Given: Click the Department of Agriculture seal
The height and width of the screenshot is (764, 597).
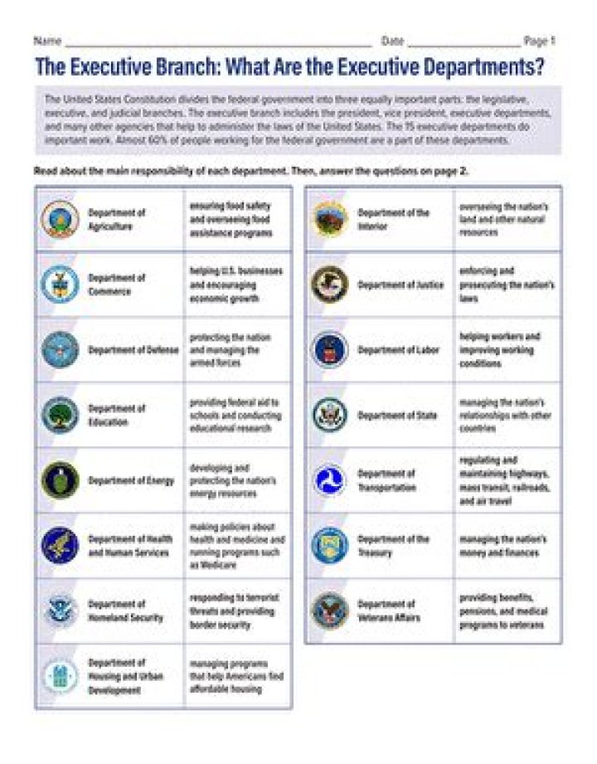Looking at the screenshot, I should (60, 219).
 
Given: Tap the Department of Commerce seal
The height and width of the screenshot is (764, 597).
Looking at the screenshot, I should (60, 285).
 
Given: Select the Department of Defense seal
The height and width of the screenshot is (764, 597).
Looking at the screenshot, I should (60, 349).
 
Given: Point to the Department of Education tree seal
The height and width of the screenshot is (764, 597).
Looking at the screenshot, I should (60, 415).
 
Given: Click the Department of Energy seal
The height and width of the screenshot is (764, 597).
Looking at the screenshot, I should (60, 480).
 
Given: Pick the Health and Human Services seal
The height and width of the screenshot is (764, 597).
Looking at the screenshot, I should (60, 545).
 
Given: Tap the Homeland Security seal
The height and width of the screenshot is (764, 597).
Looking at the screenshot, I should (60, 611).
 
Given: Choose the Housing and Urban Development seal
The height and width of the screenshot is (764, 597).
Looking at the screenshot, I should (60, 676).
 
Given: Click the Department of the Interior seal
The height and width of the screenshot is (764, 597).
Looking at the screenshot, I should (329, 219).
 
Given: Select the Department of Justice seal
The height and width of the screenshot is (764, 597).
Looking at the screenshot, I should (329, 285).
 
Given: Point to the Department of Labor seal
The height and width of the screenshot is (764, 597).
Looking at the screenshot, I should (329, 349).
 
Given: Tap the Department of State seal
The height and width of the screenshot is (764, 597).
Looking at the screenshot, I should (329, 415).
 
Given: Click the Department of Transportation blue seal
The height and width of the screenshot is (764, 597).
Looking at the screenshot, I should (329, 480).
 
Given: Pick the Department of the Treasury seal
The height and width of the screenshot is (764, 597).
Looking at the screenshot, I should (329, 545).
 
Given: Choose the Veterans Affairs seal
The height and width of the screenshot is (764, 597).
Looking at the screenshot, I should (329, 611).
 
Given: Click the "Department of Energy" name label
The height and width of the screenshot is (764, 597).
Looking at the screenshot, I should (131, 480).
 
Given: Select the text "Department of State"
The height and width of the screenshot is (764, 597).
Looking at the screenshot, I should (397, 415).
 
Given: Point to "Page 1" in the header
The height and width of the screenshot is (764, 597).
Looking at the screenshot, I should (540, 40).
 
